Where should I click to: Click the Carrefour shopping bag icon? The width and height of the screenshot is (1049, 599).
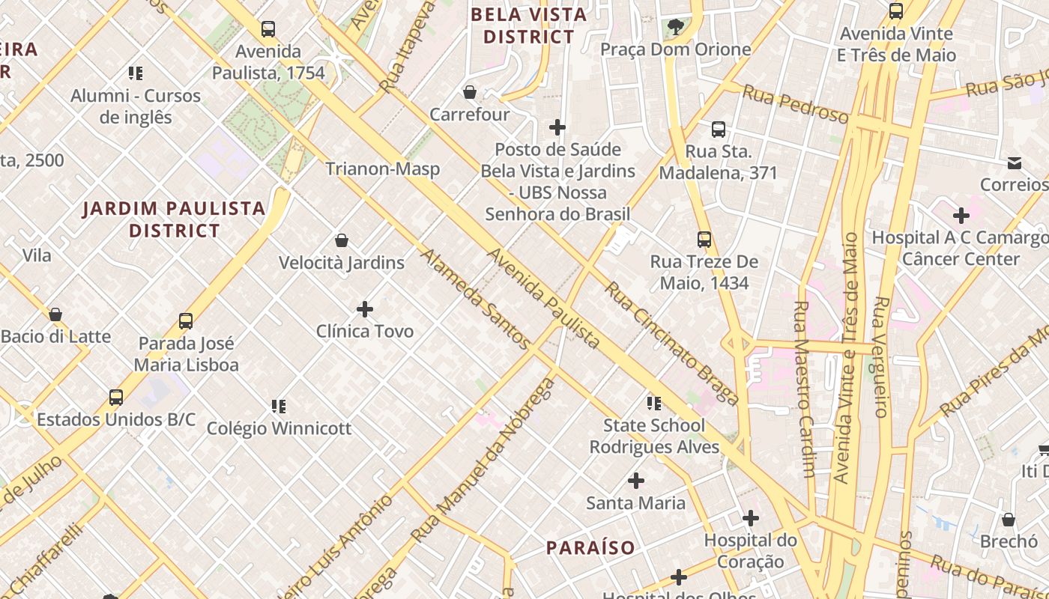point(470,92)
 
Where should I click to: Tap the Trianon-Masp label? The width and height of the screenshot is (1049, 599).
point(382,169)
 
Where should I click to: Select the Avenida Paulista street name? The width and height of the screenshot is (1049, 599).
point(543,299)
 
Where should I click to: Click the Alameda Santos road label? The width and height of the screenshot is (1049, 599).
point(475,299)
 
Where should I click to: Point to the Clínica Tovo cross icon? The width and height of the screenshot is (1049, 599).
point(365,308)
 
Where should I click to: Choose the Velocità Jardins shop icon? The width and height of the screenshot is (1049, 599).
point(342,240)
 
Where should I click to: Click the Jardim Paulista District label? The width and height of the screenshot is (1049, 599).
point(174,219)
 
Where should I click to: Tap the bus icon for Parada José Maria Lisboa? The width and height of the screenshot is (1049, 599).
point(186,321)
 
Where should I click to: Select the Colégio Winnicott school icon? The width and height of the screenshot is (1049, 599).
point(279,407)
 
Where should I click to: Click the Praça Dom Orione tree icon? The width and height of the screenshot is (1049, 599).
point(676,28)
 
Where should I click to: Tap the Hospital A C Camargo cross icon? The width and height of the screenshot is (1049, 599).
point(961,216)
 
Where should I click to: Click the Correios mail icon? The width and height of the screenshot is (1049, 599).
point(1015,162)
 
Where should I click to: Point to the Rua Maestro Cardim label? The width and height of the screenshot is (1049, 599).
point(803,389)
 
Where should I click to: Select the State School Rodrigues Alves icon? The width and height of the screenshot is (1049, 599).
point(654,404)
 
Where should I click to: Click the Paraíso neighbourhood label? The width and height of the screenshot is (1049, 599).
point(590,547)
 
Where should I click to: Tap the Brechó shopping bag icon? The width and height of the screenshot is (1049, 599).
point(1009,520)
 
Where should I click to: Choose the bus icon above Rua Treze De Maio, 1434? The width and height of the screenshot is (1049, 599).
point(704,240)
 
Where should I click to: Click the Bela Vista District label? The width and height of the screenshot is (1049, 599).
point(529,25)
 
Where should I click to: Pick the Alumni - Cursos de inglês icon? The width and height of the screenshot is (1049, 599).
point(136,73)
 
